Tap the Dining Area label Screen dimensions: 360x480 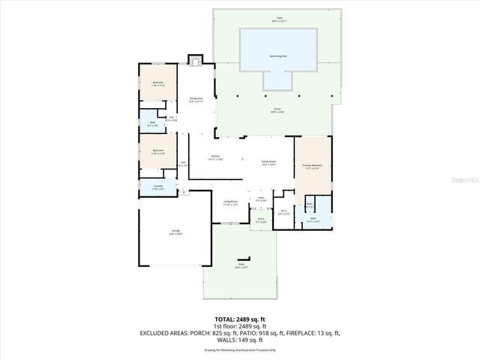196,99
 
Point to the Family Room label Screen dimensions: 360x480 268,161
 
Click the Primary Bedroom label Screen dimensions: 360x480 312,166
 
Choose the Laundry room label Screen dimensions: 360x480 157,186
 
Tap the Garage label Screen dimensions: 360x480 175,232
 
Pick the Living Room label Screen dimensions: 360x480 230,202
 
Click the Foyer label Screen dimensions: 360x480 261,198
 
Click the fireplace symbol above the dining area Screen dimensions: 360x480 196,60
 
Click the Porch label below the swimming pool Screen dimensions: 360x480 277,110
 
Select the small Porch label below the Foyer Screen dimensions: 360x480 261,220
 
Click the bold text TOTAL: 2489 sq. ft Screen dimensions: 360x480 240,319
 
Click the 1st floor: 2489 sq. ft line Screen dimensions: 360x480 240,326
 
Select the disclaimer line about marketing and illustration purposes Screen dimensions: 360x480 240,349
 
